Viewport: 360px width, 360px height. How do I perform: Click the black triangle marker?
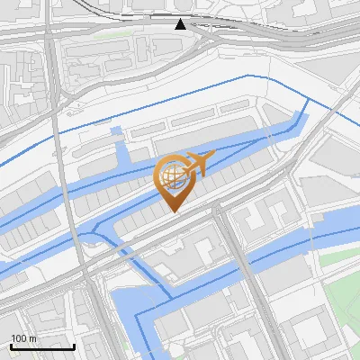pyautogui.click(x=181, y=24)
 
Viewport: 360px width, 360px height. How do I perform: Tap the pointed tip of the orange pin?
pyautogui.click(x=175, y=212)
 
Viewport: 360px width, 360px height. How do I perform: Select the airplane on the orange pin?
pyautogui.click(x=198, y=164)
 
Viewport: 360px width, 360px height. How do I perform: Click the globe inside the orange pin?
pyautogui.click(x=172, y=175)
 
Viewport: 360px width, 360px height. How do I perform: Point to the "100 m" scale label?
pyautogui.click(x=24, y=337)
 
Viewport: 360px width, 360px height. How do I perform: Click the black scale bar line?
pyautogui.click(x=42, y=346)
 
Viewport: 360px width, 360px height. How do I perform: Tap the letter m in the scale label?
pyautogui.click(x=33, y=337)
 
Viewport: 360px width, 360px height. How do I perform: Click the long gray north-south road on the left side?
pyautogui.click(x=63, y=162)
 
